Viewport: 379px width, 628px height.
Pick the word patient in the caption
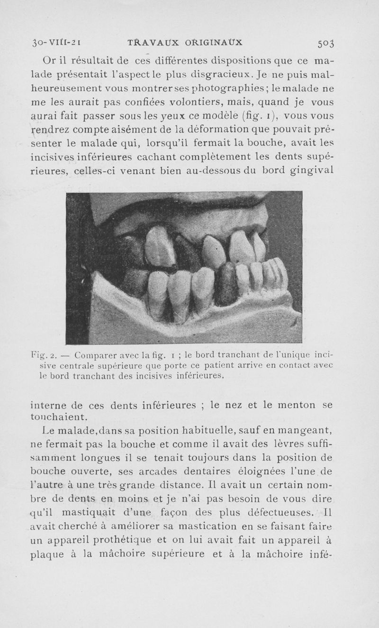click(228, 365)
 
